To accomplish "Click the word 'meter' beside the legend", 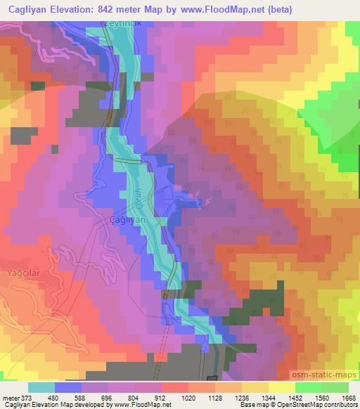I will [x=11, y=398].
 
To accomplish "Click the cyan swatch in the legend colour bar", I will [x=41, y=387].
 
